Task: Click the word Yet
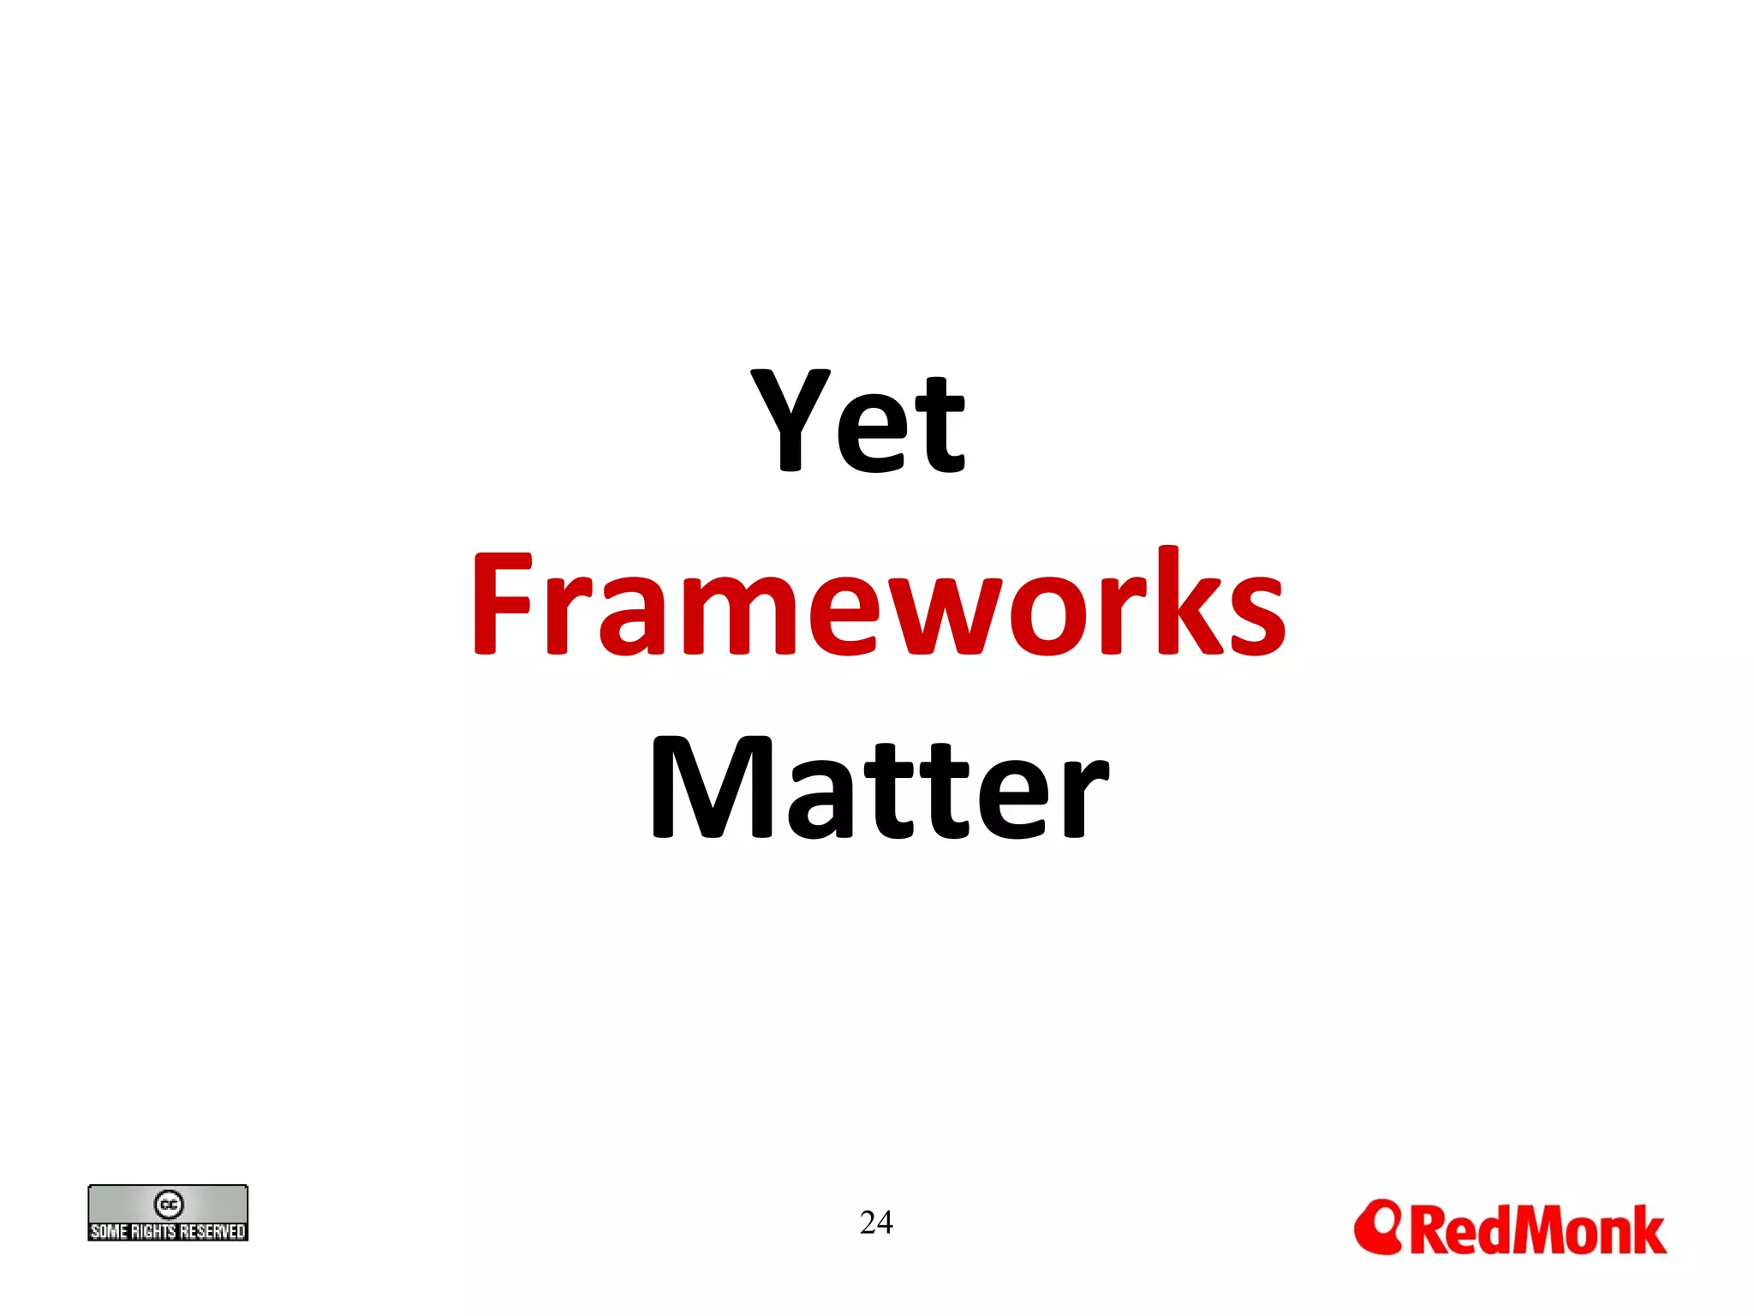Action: click(858, 421)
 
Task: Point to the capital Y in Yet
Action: click(790, 419)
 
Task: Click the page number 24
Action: click(876, 1222)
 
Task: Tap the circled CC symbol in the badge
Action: click(168, 1204)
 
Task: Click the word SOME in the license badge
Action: click(109, 1231)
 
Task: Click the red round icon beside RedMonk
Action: click(1377, 1226)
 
